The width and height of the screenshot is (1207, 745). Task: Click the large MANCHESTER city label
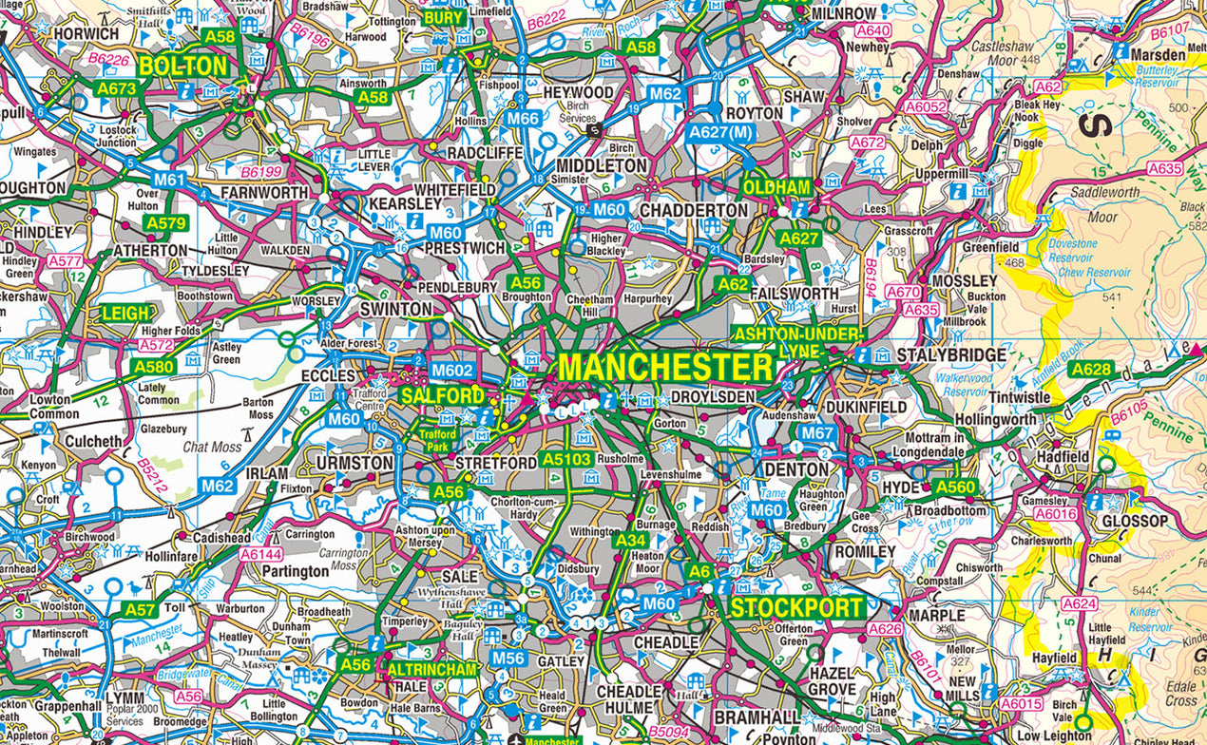tap(665, 367)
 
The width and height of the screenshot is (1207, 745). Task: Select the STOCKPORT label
tap(796, 608)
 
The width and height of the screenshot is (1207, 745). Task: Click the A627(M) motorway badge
tap(721, 132)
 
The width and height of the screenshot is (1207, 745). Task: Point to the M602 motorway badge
tap(452, 371)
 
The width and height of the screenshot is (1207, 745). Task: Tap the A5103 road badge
tap(566, 459)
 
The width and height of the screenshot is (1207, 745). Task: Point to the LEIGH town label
tap(126, 313)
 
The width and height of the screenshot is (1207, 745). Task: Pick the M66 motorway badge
tap(523, 119)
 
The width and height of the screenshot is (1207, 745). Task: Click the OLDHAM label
tap(776, 187)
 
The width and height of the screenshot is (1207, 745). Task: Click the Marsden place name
tap(1159, 55)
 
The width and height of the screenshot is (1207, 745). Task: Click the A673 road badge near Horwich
tap(117, 88)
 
